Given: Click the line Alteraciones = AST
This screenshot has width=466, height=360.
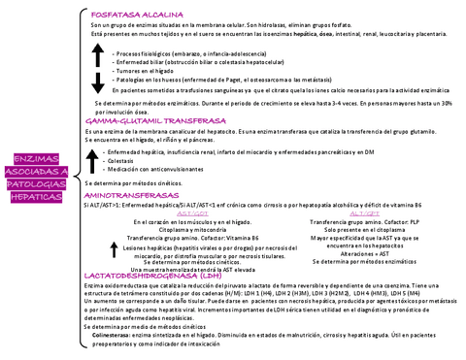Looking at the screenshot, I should point(362,253).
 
